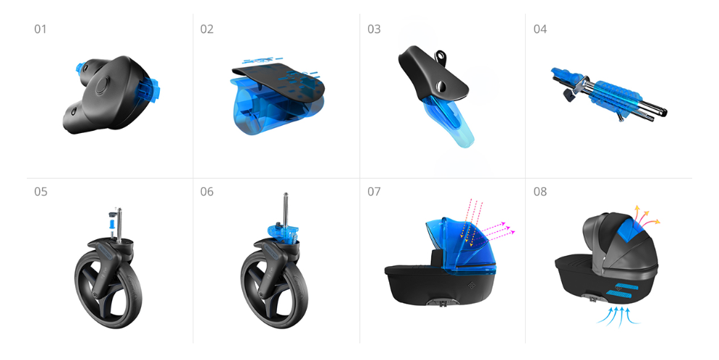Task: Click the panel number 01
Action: click(41, 30)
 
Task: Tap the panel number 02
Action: click(207, 30)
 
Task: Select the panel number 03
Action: click(374, 30)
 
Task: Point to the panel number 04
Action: click(540, 30)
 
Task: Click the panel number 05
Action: click(41, 192)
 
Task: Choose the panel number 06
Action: click(207, 192)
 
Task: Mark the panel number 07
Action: click(374, 192)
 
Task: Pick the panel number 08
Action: click(540, 192)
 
